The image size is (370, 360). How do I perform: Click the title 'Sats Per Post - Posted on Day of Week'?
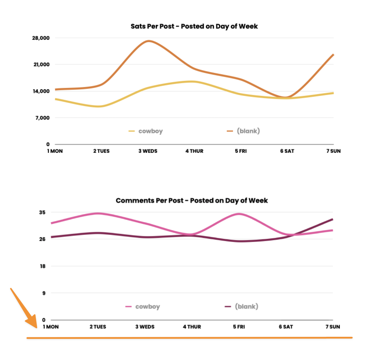point(194,26)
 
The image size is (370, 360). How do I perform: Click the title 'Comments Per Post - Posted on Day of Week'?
point(192,201)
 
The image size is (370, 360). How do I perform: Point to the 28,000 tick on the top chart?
point(41,38)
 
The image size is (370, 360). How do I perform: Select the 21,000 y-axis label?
point(41,65)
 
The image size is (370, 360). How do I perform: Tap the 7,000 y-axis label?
point(43,118)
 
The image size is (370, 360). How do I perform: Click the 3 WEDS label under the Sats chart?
point(148,151)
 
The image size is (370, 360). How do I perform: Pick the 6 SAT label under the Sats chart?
point(287,151)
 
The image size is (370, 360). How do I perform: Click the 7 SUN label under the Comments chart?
point(332,327)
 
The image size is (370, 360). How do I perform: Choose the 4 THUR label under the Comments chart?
point(192,327)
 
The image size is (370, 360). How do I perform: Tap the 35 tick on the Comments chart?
point(42,212)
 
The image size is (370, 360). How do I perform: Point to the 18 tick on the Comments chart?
point(43,266)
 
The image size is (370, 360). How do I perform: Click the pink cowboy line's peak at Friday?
point(239,214)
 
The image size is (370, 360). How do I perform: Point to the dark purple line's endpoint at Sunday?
point(332,219)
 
